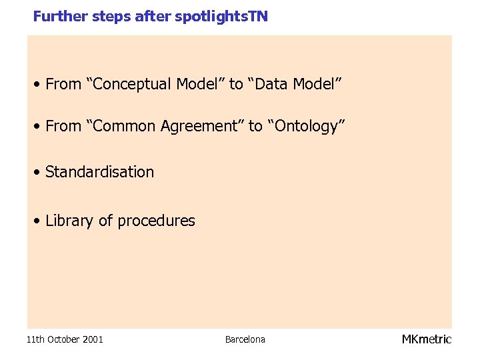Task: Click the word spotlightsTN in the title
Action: [221, 16]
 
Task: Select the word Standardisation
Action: [99, 172]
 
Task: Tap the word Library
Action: [69, 221]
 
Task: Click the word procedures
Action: [156, 221]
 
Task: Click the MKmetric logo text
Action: [427, 339]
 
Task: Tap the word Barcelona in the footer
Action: [245, 339]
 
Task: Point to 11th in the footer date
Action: [35, 339]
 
